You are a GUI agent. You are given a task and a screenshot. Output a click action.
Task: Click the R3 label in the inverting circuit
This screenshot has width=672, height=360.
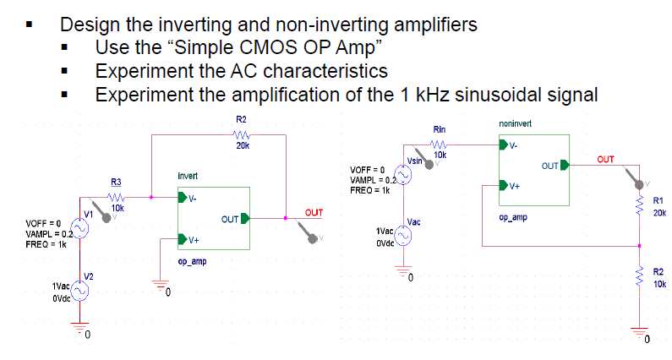pos(117,182)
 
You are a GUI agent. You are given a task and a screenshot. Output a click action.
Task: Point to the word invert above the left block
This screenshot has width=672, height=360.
pos(188,176)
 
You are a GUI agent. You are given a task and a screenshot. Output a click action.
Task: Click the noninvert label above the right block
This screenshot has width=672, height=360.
pos(516,123)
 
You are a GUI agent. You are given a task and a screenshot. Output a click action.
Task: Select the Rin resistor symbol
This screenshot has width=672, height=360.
pos(440,144)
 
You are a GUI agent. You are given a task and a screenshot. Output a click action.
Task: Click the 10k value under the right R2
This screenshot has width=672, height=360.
pos(659,285)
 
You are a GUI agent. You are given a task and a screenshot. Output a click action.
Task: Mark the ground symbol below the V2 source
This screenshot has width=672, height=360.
pos(81,331)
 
